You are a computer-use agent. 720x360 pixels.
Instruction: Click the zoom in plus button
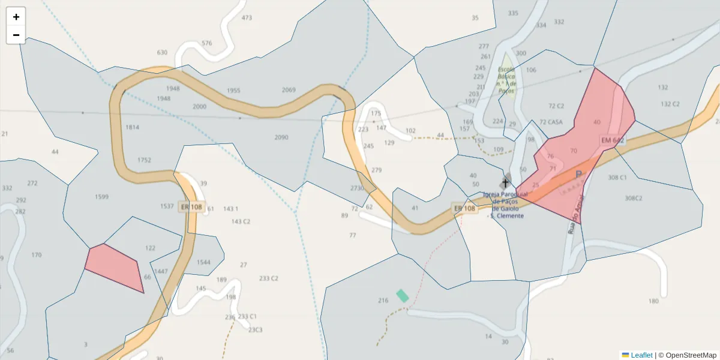pyautogui.click(x=16, y=17)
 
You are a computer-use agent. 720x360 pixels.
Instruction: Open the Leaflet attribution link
pyautogui.click(x=641, y=355)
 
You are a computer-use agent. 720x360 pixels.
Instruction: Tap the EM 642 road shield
pyautogui.click(x=613, y=140)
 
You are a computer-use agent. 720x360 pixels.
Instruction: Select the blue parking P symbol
pyautogui.click(x=578, y=175)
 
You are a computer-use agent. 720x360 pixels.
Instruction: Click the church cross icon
pyautogui.click(x=505, y=182)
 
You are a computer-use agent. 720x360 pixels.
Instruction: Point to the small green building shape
pyautogui.click(x=402, y=295)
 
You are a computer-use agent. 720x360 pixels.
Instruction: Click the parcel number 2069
pyautogui.click(x=289, y=90)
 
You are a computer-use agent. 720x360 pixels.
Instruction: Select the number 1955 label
pyautogui.click(x=233, y=91)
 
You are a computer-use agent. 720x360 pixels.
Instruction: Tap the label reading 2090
pyautogui.click(x=281, y=137)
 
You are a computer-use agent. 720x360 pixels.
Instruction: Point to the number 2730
pyautogui.click(x=357, y=188)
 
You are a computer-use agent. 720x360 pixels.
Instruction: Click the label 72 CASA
pyautogui.click(x=551, y=122)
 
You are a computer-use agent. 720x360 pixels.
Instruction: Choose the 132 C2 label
pyautogui.click(x=670, y=104)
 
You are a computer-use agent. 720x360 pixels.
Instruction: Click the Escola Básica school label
pyautogui.click(x=506, y=80)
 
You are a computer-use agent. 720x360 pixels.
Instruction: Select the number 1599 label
pyautogui.click(x=101, y=197)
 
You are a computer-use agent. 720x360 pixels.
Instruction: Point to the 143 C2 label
pyautogui.click(x=241, y=221)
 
